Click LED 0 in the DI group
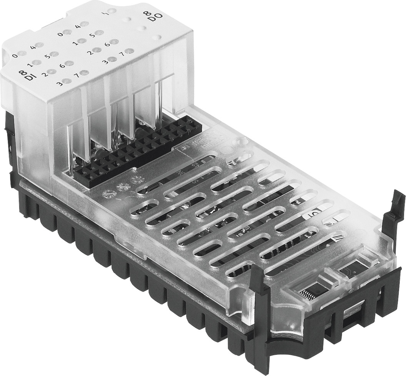[22, 53]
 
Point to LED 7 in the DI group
[85, 72]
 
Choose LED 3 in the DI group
[67, 81]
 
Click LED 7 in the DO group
[129, 51]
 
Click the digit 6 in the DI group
[62, 66]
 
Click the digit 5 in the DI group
[47, 57]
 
